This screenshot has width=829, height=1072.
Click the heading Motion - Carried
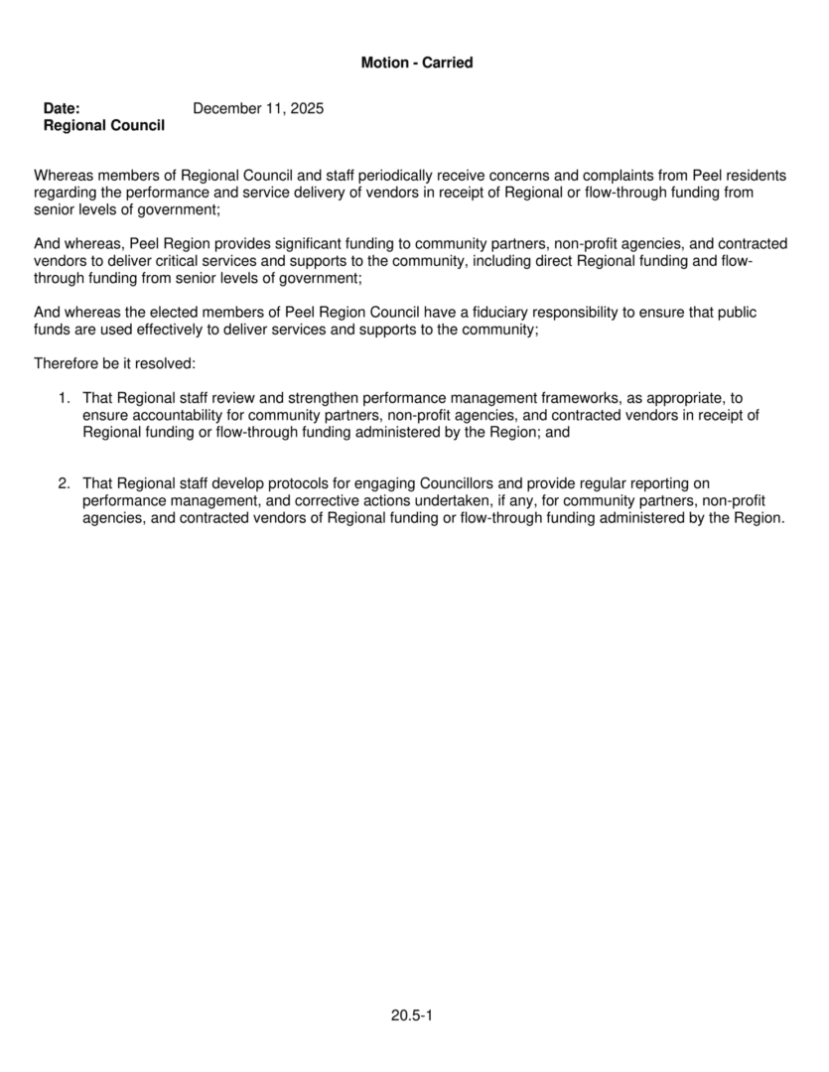(x=417, y=63)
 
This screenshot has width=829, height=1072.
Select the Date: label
(x=62, y=108)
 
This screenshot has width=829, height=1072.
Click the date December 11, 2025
(x=258, y=108)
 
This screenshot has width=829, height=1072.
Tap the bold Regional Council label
(x=104, y=126)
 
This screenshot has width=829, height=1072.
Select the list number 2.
(x=63, y=483)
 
